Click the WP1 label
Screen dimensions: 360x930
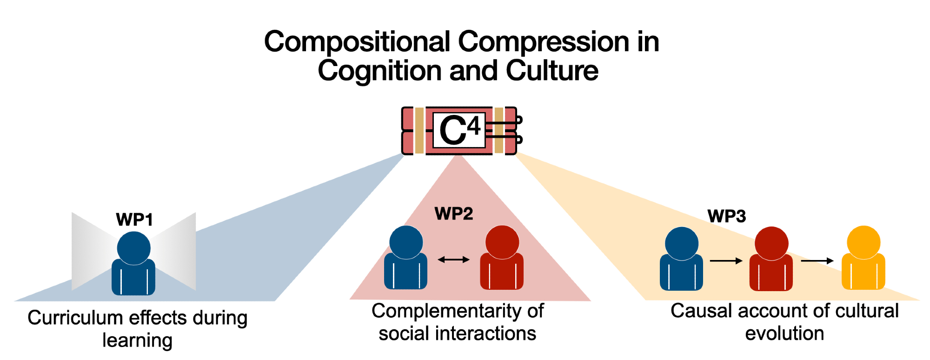134,220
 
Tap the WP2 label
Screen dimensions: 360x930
453,213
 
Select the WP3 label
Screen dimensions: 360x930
726,216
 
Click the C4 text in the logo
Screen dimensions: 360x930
459,130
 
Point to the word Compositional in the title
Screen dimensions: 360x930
357,42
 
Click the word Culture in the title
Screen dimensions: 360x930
552,71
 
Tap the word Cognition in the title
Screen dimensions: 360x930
379,71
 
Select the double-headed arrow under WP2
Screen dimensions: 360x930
453,260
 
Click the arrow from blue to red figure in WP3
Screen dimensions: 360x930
726,261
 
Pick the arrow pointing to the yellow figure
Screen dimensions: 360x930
817,261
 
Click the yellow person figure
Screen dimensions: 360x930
864,259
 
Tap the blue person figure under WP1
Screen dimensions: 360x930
133,264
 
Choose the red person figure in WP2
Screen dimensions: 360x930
502,259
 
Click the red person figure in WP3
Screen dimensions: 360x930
771,260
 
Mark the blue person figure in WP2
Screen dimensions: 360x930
405,259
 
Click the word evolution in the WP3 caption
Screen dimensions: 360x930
784,333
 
